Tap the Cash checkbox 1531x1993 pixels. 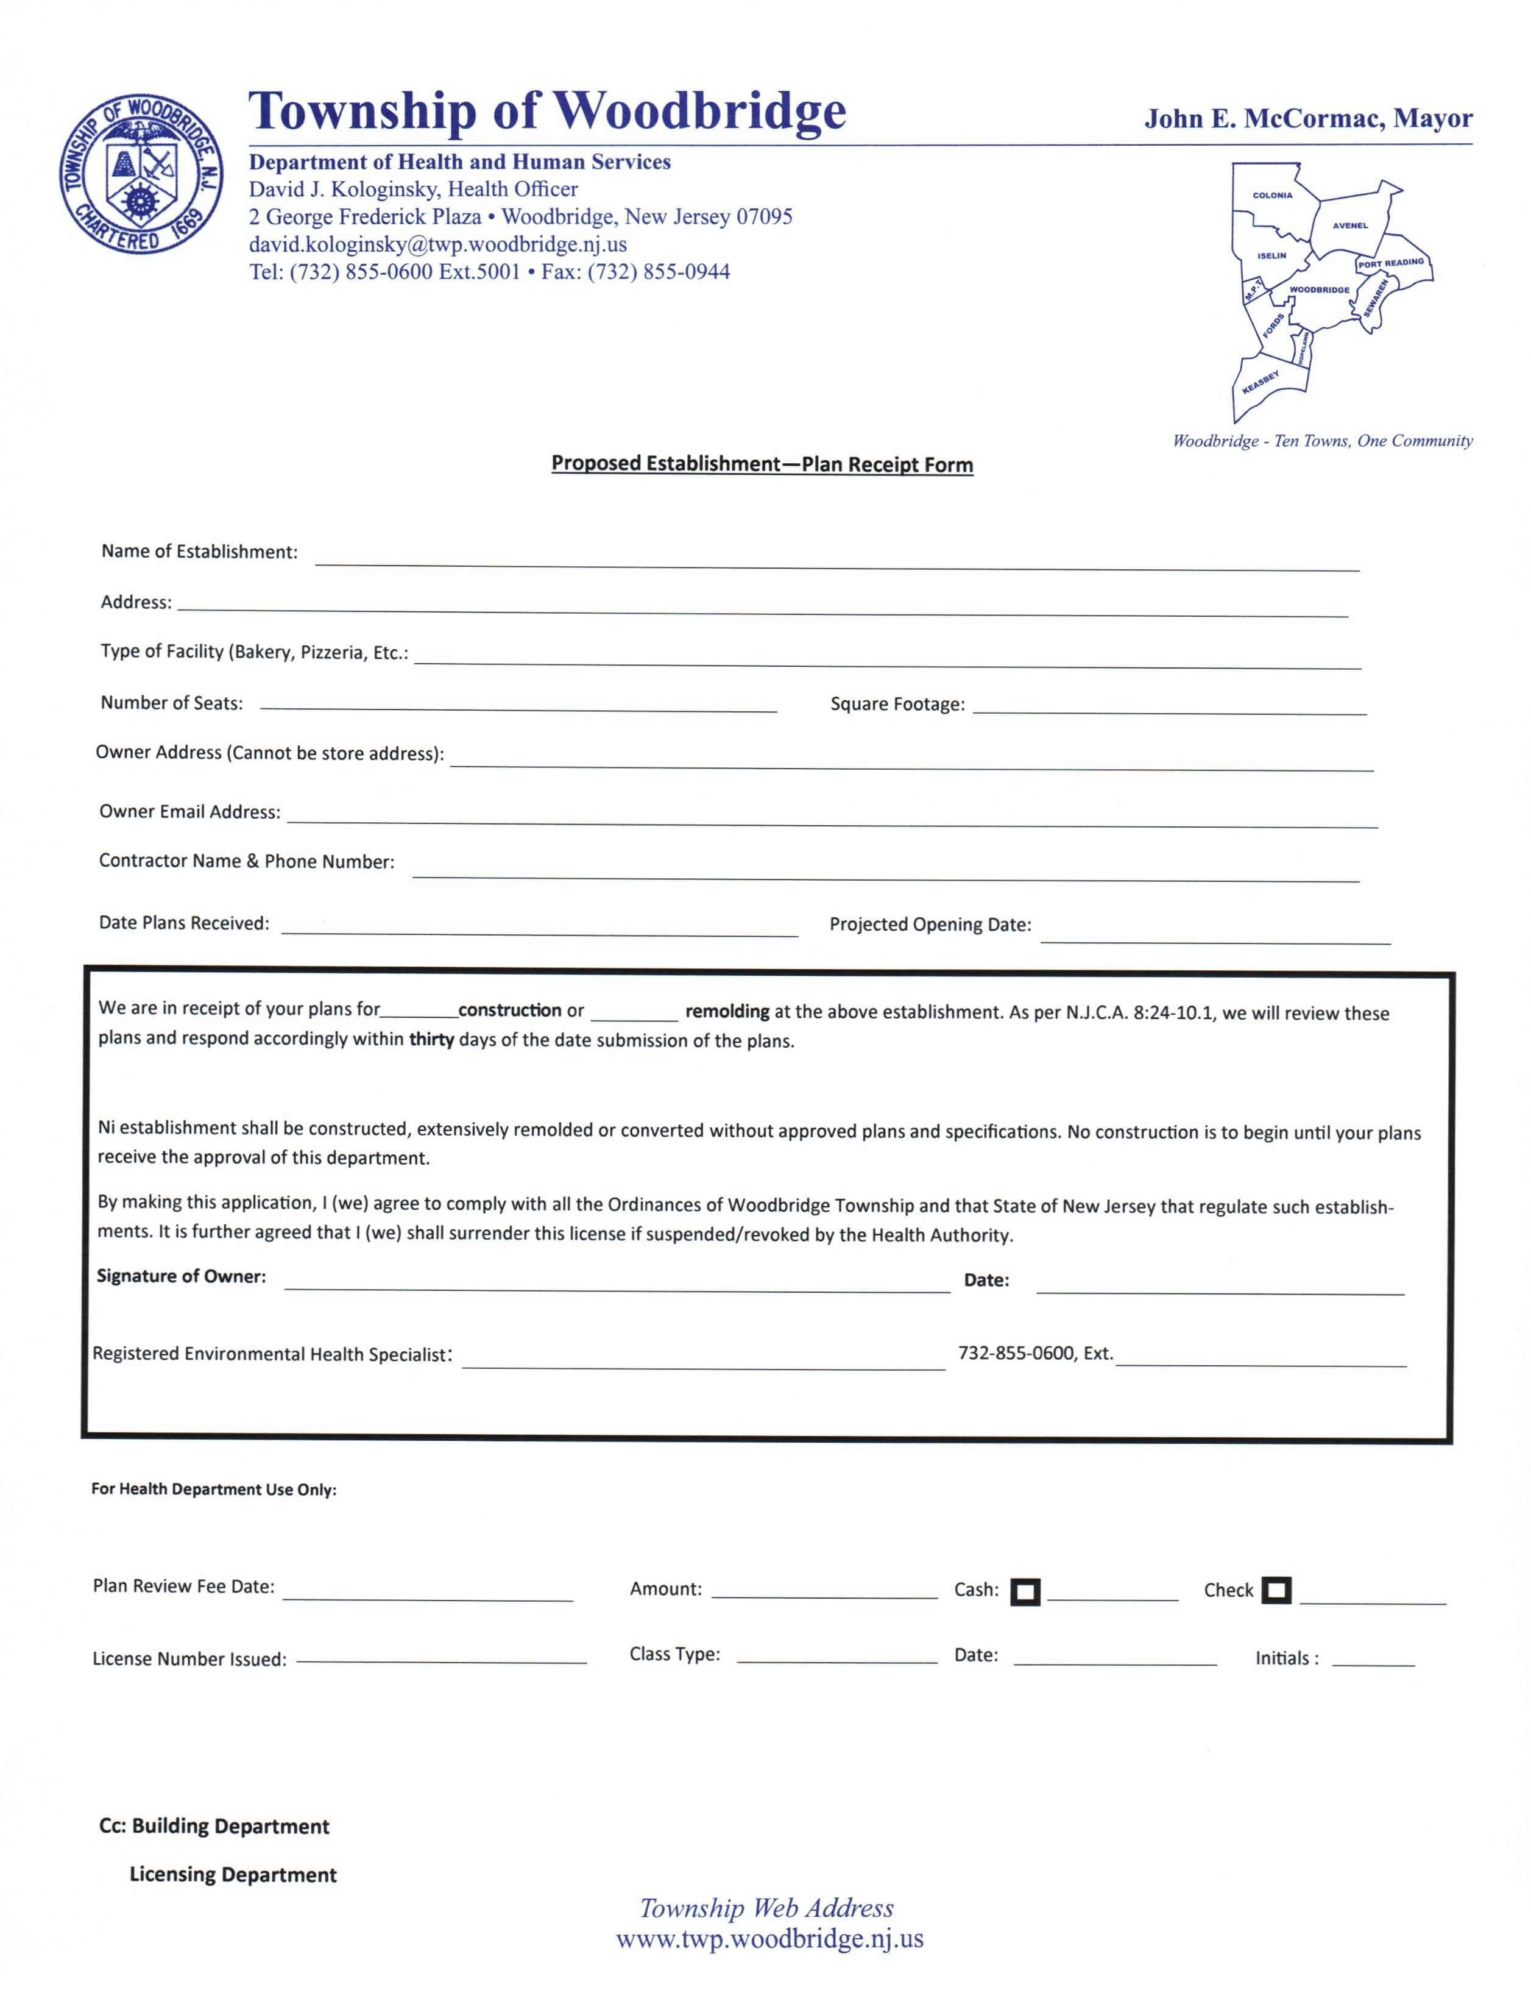tap(1025, 1592)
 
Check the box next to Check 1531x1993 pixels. tap(1276, 1590)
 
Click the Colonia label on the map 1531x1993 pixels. tap(1272, 195)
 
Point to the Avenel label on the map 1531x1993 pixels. tap(1349, 225)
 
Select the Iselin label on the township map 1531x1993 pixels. tap(1271, 256)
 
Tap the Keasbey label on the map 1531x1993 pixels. tap(1261, 382)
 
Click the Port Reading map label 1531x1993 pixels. tap(1391, 263)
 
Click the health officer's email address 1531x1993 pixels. tap(437, 244)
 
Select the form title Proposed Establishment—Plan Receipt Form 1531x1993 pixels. tap(762, 464)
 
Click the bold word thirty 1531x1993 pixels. tap(431, 1039)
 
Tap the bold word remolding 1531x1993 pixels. tap(727, 1011)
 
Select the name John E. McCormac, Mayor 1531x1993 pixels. tap(1308, 118)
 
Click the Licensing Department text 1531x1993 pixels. tap(233, 1875)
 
